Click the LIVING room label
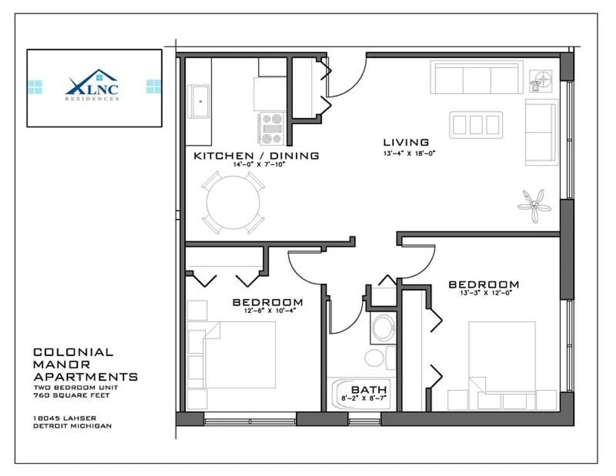tap(406, 142)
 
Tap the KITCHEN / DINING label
tap(256, 156)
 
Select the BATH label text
tap(369, 390)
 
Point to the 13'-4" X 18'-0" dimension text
tap(409, 153)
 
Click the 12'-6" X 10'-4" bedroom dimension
tap(270, 310)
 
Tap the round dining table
tap(233, 203)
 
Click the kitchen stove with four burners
tap(272, 129)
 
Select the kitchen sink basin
tap(201, 101)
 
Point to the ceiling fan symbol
tap(534, 206)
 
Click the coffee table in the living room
tap(476, 125)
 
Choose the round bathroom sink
tap(383, 328)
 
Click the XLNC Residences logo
tap(92, 85)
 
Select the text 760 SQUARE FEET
tap(72, 396)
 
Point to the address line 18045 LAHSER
tap(65, 418)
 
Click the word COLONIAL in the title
tap(74, 352)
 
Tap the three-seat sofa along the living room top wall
tap(477, 77)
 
